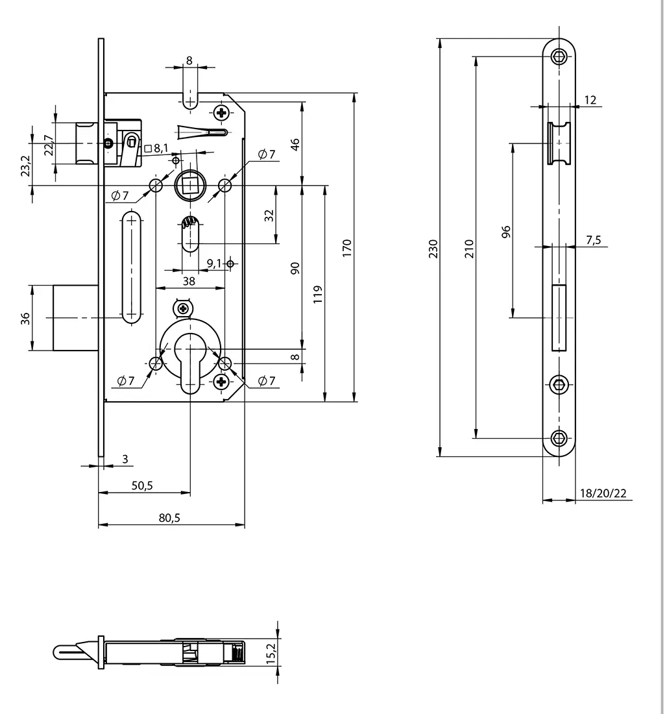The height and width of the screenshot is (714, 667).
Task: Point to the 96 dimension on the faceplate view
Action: [x=506, y=231]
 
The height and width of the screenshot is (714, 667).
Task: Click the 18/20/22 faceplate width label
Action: [x=603, y=493]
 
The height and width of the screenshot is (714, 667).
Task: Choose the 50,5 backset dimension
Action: [x=142, y=485]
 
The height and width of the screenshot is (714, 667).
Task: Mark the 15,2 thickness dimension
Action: [x=272, y=651]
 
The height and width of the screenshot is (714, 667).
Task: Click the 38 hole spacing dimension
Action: [x=189, y=281]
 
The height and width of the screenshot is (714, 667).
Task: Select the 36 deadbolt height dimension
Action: [x=25, y=318]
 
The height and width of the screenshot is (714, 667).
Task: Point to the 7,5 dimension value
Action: [x=593, y=240]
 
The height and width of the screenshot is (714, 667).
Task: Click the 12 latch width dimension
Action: [x=590, y=100]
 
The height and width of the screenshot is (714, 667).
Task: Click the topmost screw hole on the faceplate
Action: [x=559, y=56]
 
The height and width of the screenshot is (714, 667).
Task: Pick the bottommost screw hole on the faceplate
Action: [x=559, y=437]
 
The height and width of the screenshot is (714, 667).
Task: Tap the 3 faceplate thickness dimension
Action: [x=125, y=459]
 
